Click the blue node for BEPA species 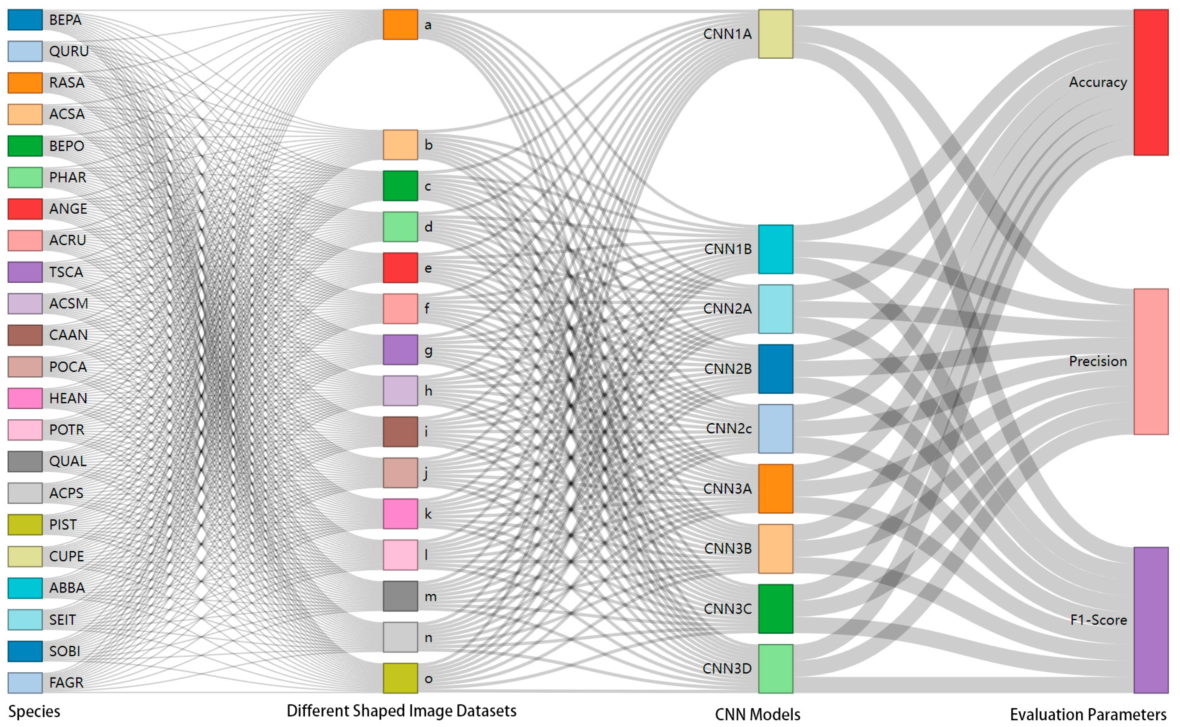[25, 20]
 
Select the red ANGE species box [25, 209]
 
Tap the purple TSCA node [25, 272]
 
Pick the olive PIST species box [25, 525]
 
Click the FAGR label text [66, 683]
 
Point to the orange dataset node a [400, 25]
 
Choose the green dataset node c [400, 186]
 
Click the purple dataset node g [400, 350]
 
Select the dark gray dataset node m [400, 596]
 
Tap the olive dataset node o [400, 679]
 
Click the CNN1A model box [776, 34]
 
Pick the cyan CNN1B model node [776, 249]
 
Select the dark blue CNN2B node [776, 369]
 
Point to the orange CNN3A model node [776, 488]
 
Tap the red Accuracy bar [1151, 82]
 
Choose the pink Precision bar [1151, 362]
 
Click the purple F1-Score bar [1151, 620]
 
